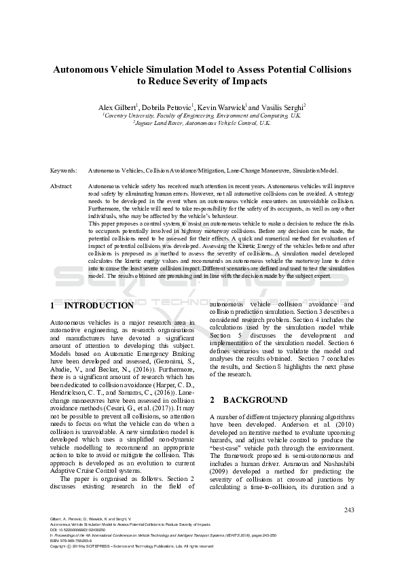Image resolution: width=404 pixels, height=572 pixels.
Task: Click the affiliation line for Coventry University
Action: [x=202, y=115]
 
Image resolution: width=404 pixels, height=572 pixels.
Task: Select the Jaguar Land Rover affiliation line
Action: [x=202, y=124]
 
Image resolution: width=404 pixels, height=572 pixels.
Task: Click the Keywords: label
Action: [x=63, y=171]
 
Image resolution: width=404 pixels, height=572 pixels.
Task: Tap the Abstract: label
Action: [x=62, y=185]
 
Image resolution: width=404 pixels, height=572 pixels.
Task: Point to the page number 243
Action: [x=349, y=510]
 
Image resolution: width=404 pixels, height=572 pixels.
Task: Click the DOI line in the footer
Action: [x=79, y=530]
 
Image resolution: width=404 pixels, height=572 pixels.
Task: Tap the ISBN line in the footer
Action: [x=71, y=541]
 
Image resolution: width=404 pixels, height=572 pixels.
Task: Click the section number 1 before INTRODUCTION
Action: [x=53, y=305]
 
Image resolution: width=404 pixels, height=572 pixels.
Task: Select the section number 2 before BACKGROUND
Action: [x=213, y=400]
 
